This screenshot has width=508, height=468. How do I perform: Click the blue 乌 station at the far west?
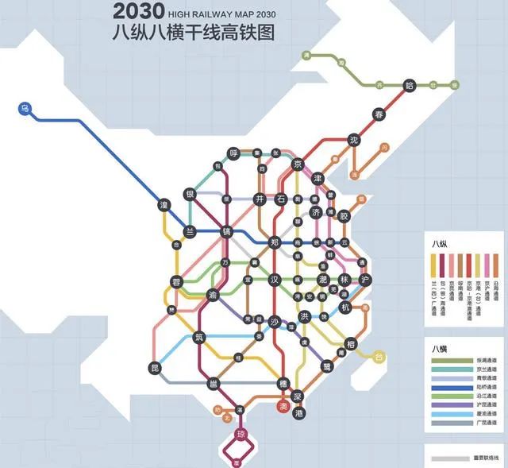[x=25, y=108]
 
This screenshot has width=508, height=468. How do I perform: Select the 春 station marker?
[x=379, y=115]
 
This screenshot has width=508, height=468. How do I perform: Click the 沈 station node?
[x=355, y=140]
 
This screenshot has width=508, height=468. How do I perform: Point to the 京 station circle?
[x=298, y=164]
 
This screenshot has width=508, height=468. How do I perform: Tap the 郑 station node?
[x=275, y=242]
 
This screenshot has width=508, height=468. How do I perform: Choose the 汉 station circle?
[x=275, y=280]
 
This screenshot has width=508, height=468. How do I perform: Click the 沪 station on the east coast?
[x=365, y=280]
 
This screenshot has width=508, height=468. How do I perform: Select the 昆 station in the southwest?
[x=155, y=367]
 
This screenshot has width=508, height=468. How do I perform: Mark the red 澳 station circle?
[x=283, y=407]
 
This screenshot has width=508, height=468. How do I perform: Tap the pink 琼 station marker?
[x=242, y=434]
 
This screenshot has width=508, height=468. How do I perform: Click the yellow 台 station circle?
[x=379, y=355]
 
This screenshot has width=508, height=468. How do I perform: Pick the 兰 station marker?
[x=190, y=232]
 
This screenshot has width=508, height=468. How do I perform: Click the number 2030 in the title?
[x=138, y=11]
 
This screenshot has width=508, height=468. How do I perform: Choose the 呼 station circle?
[x=233, y=153]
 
